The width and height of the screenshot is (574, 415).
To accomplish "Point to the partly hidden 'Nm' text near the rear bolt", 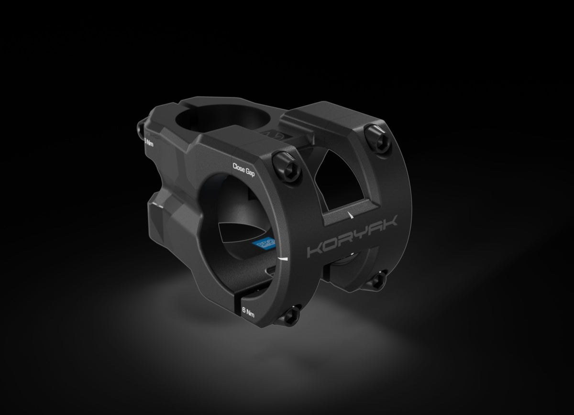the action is (149, 142).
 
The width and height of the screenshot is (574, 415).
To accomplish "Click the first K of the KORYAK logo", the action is (314, 250).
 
